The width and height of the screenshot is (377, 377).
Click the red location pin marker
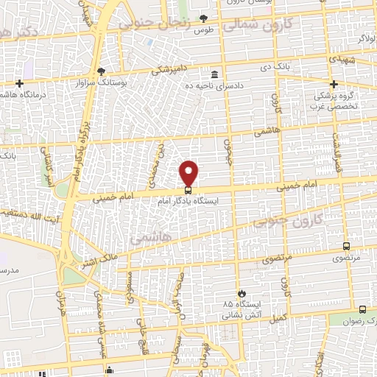(189, 172)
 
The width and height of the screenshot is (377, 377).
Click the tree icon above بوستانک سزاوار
(102, 71)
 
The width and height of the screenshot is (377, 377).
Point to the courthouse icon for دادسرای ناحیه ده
(214, 74)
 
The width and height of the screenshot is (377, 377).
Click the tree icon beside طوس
(202, 18)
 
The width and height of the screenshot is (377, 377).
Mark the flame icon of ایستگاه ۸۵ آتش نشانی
(238, 292)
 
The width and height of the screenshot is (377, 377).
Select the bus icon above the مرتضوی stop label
(347, 247)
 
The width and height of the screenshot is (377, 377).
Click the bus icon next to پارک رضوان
(362, 309)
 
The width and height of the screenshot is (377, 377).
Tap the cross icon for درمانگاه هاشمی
(19, 83)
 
